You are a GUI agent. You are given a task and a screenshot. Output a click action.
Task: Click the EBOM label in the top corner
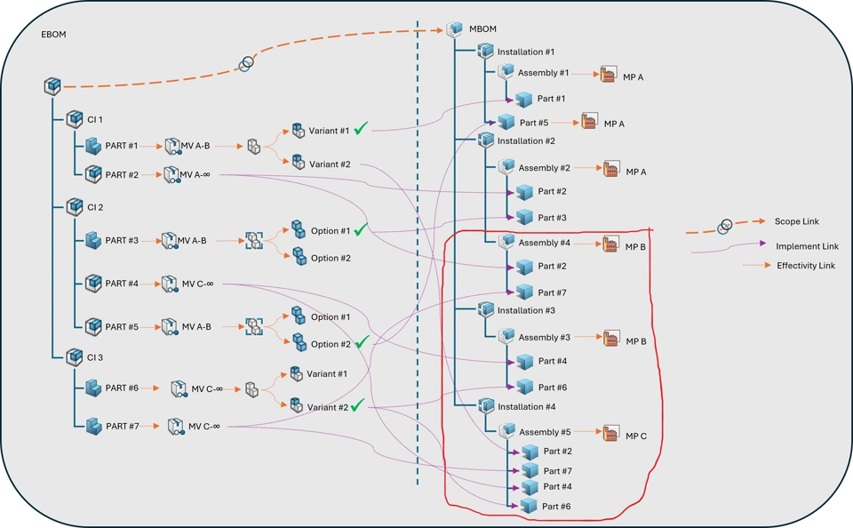(x=54, y=35)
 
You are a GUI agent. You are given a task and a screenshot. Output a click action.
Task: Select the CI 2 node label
(x=95, y=207)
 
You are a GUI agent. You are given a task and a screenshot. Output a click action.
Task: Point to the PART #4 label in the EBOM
(x=122, y=284)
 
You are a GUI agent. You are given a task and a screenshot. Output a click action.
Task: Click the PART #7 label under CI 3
(x=122, y=426)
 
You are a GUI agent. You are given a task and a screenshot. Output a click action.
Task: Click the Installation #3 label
(x=526, y=310)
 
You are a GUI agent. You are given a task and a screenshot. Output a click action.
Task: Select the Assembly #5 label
(x=545, y=432)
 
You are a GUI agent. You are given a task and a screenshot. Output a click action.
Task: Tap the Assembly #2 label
(x=545, y=168)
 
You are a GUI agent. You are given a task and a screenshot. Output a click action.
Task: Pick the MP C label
(x=636, y=436)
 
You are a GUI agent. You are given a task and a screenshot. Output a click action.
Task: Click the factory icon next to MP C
(x=610, y=434)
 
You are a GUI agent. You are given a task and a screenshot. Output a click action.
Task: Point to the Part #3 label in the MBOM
(x=553, y=218)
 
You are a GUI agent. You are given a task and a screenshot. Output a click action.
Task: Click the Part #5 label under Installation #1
(x=534, y=123)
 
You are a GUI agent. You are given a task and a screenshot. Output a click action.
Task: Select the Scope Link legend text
(x=797, y=221)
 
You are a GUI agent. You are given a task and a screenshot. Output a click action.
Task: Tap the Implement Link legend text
(x=807, y=246)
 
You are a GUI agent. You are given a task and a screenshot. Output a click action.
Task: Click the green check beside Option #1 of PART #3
(x=360, y=230)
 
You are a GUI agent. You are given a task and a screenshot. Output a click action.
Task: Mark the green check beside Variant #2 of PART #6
(x=357, y=405)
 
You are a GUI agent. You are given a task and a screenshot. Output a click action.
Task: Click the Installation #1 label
(x=526, y=52)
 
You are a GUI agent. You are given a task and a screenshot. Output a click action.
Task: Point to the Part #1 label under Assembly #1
(x=551, y=99)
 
